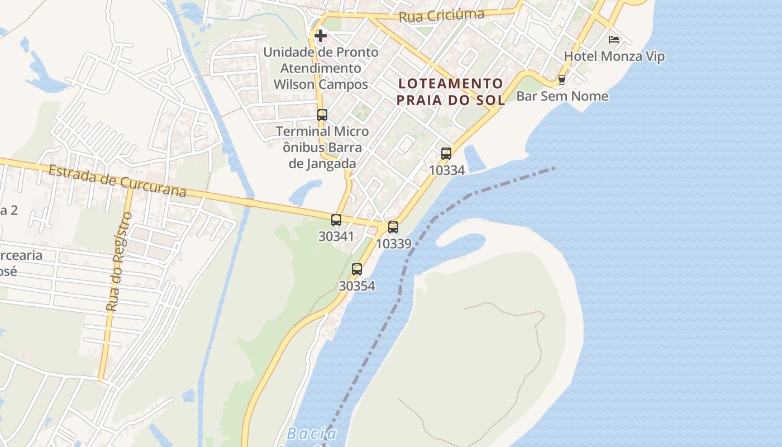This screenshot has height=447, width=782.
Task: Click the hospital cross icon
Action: tap(321, 36)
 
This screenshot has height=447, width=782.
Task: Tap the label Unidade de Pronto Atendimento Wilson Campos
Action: tap(321, 68)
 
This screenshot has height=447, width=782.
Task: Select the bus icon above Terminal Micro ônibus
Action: tap(322, 115)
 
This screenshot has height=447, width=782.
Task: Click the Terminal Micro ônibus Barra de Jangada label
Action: tap(322, 148)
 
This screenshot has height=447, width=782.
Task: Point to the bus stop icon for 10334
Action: tap(446, 154)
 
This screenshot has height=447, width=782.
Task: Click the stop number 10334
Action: tap(446, 170)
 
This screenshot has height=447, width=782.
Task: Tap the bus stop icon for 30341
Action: tap(336, 220)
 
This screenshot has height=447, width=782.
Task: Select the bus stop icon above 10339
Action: tap(393, 227)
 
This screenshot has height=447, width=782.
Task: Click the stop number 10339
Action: tap(393, 244)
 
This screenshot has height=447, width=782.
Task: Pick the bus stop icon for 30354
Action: tap(357, 269)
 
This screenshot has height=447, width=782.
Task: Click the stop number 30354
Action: tap(357, 286)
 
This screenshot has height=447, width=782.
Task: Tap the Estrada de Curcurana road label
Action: tap(117, 180)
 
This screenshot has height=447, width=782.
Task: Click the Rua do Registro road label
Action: tap(119, 261)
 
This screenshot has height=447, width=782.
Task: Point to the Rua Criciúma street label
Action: tap(441, 16)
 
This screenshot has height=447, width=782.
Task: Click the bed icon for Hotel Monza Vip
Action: tap(614, 40)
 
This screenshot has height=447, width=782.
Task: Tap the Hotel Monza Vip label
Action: tap(614, 56)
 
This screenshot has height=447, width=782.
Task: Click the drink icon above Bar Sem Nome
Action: tap(562, 80)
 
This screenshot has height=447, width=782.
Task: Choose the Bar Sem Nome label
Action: tap(562, 96)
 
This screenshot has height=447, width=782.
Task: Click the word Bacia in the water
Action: tap(312, 434)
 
